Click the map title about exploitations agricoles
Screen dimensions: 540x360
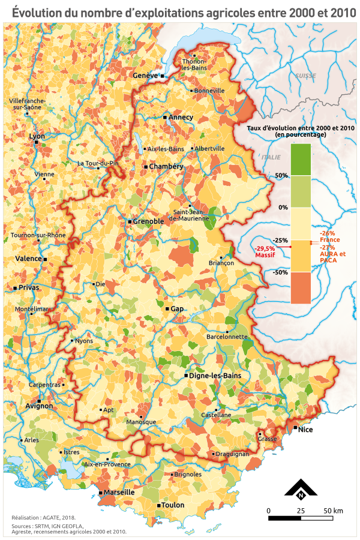(x=180, y=11)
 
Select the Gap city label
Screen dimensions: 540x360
(x=177, y=308)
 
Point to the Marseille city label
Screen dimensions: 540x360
(x=119, y=492)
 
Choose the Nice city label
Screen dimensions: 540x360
(x=306, y=430)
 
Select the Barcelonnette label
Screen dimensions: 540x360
(x=227, y=337)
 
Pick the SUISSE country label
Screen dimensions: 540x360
(x=305, y=76)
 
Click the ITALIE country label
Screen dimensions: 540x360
(x=271, y=157)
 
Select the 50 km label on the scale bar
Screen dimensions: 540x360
(x=333, y=511)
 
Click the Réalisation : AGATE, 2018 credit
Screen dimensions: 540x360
(x=44, y=517)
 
